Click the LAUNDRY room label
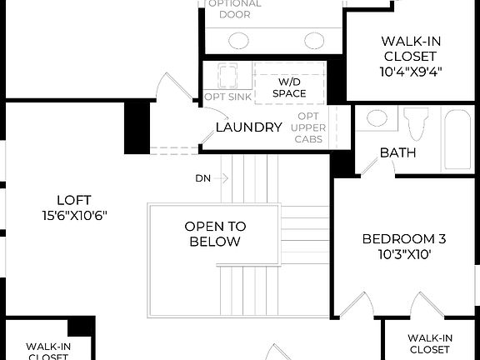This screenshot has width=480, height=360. click(248, 127)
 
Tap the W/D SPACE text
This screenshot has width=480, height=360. click(288, 87)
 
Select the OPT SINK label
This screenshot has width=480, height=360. click(223, 97)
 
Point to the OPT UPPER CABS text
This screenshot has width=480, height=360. click(307, 127)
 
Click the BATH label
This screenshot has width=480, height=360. click(398, 152)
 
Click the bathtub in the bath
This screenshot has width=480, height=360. click(459, 132)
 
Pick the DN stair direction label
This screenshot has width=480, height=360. click(203, 178)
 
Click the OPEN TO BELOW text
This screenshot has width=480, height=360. click(215, 234)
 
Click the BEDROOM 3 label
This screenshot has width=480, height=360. click(397, 239)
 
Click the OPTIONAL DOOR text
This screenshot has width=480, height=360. click(234, 9)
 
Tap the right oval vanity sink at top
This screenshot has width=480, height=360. click(314, 39)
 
